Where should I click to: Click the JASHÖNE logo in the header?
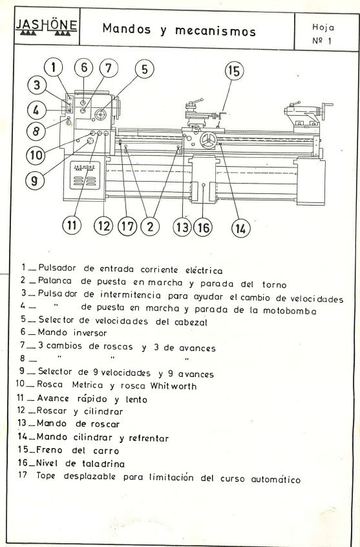coord(47,27)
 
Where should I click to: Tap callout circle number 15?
coord(233,71)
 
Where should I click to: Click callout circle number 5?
coord(144,69)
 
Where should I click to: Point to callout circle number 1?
coord(54,67)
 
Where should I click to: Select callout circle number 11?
coord(72,225)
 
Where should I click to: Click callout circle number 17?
coord(127,226)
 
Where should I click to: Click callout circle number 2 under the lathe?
coord(151,226)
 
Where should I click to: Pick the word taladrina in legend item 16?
coord(108,463)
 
